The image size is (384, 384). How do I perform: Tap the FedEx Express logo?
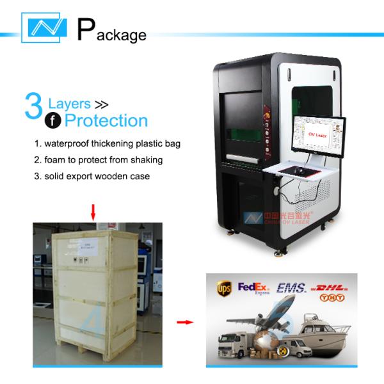[252, 287]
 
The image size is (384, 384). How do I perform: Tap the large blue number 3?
[33, 107]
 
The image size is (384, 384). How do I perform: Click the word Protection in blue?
[106, 120]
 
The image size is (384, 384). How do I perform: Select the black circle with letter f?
[51, 120]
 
